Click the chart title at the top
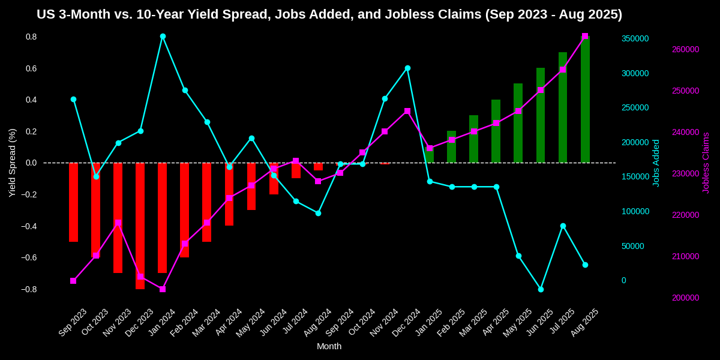(x=329, y=14)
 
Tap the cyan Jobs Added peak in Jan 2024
(x=163, y=36)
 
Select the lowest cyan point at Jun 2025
(x=541, y=289)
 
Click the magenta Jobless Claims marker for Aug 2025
(x=585, y=36)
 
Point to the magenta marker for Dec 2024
(x=407, y=111)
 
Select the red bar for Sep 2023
(x=73, y=202)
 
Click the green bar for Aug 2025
(x=585, y=99)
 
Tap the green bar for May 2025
(x=518, y=123)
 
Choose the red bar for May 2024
(x=251, y=186)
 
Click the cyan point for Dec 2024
(x=407, y=68)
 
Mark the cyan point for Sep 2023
(x=73, y=99)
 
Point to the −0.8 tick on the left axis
(x=29, y=289)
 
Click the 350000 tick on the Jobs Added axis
(x=635, y=38)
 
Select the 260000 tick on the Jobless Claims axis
(x=685, y=49)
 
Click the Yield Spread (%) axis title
(x=12, y=163)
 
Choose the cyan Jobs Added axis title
(x=656, y=163)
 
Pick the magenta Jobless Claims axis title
(x=706, y=163)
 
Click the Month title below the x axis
(x=329, y=346)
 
